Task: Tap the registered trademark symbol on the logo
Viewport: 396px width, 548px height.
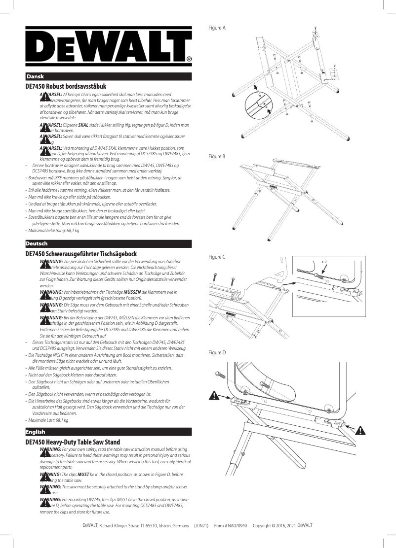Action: point(189,59)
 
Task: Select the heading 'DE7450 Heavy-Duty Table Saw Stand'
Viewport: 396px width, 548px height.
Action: point(73,442)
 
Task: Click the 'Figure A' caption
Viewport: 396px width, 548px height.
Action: point(217,28)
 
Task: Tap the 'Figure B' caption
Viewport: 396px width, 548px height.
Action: point(217,156)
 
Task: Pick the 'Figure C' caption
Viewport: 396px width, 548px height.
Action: point(217,257)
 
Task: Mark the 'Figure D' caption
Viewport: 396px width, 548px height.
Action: point(217,352)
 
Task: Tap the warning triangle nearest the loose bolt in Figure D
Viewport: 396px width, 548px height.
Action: point(214,395)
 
